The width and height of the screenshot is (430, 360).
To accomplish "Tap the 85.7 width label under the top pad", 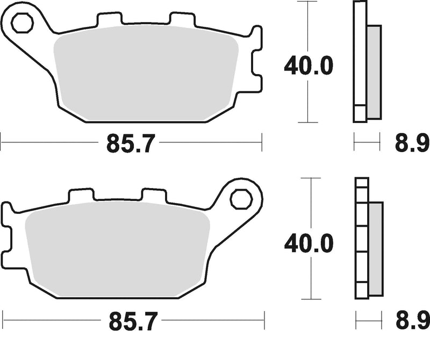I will [131, 143].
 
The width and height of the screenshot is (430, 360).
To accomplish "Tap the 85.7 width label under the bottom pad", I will [131, 322].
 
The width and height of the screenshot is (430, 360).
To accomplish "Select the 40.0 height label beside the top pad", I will [308, 66].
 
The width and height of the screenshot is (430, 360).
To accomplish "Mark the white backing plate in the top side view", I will [359, 62].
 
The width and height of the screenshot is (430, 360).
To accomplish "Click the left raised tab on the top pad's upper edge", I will [109, 19].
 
